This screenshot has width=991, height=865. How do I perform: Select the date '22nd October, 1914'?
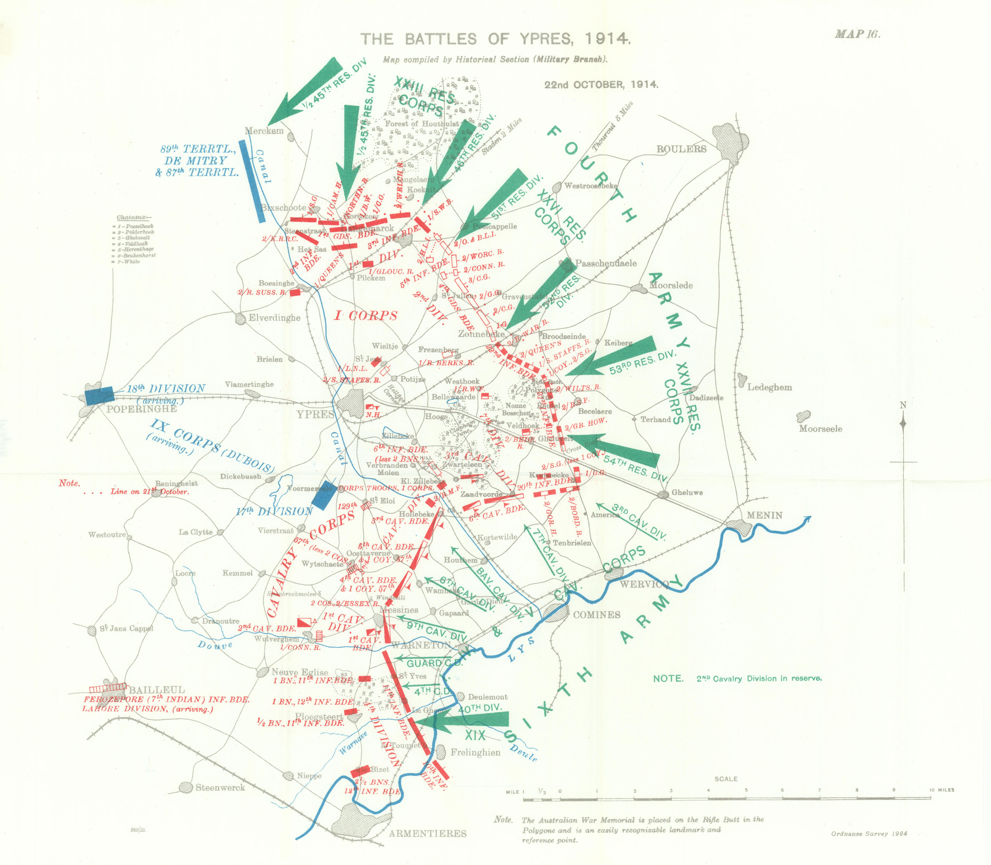(601, 84)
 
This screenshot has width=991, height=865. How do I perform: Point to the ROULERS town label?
(681, 149)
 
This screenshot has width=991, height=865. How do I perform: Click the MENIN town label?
(764, 515)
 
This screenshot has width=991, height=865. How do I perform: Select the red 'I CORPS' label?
(366, 316)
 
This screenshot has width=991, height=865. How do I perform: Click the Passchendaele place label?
(605, 263)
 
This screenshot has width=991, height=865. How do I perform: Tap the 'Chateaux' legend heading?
(133, 218)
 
